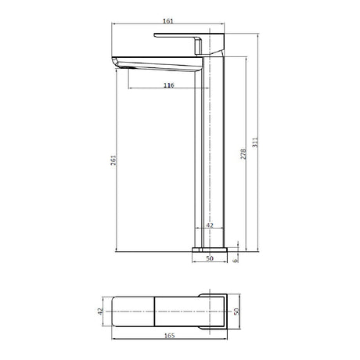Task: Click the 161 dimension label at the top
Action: (168, 21)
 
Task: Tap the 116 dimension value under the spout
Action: (169, 85)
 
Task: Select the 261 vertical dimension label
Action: (113, 160)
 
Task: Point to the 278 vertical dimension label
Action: (243, 154)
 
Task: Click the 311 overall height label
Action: (255, 142)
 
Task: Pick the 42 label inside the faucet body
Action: (210, 225)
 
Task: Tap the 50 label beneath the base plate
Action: (210, 258)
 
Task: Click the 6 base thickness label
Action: (236, 260)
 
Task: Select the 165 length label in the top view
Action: (170, 336)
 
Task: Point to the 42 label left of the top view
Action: (100, 311)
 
